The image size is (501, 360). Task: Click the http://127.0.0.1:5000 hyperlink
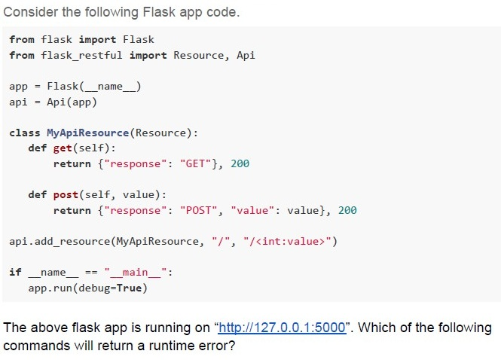(x=282, y=328)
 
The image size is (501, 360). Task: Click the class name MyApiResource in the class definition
(x=88, y=133)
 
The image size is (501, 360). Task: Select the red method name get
(x=63, y=148)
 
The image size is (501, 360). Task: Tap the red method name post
(x=66, y=195)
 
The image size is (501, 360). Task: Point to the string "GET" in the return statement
(x=196, y=164)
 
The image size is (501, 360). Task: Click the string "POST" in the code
(x=199, y=211)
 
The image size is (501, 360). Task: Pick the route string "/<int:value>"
(x=288, y=242)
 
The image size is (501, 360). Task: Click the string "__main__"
(x=136, y=273)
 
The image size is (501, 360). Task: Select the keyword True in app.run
(x=129, y=288)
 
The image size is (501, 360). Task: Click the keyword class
(x=25, y=133)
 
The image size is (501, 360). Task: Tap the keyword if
(x=15, y=273)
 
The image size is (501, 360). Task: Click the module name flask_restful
(x=81, y=56)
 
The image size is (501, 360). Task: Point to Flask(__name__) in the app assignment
(x=94, y=87)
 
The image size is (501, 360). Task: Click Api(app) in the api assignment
(x=72, y=102)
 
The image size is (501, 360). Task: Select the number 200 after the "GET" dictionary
(x=240, y=164)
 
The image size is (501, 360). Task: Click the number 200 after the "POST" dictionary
(x=347, y=211)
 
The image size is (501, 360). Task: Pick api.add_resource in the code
(x=60, y=242)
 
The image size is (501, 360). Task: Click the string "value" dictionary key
(x=252, y=211)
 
